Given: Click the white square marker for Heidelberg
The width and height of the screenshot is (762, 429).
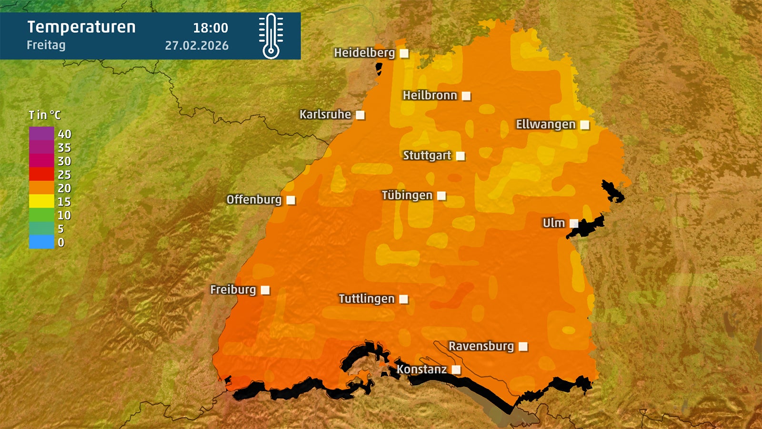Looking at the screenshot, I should pos(404,53).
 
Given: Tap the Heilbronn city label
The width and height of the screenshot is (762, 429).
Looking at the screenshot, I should pos(430,95).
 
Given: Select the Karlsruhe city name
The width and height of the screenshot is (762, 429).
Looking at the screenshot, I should pos(325,114).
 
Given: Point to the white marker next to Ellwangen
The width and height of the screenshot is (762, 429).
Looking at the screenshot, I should pos(585,125).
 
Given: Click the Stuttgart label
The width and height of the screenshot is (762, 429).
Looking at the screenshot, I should pos(427,155).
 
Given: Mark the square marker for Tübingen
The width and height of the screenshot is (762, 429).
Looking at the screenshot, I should pos(441,196).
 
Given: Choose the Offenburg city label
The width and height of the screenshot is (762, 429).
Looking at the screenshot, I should pos(254,199).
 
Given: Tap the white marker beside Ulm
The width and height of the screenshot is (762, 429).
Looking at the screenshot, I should pos(574,224).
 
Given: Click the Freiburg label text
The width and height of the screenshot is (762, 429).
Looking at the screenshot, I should pos(233,289).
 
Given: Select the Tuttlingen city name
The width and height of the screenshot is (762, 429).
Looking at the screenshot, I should pos(366,299).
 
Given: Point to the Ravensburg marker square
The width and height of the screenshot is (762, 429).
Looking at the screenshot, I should pos(523,347).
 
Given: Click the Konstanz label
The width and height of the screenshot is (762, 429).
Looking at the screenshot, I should pos(421,369).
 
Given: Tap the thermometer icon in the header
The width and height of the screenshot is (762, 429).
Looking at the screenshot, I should pos(271,36).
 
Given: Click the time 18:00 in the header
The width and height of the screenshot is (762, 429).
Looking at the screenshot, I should pos(211,28).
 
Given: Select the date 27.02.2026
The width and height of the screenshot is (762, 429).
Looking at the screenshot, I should pos(197,46).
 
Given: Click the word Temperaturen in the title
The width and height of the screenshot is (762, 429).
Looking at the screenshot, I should pos(81,27).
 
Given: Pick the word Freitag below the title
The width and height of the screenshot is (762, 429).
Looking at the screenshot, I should pos(46,45).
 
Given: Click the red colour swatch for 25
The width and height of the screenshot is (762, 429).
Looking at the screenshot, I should pos(41,174).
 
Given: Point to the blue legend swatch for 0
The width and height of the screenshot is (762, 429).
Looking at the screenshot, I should pos(41,242).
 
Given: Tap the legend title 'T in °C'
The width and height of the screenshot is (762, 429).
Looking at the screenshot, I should pos(45,115).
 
